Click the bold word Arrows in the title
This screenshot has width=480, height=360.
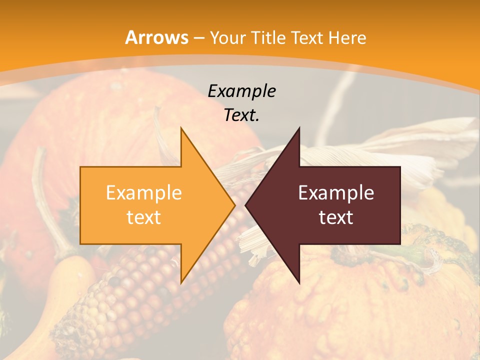pos(157,37)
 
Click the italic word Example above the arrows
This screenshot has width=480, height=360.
pos(241,91)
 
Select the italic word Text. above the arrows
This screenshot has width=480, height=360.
pos(241,115)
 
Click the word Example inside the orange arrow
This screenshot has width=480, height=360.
pos(143,193)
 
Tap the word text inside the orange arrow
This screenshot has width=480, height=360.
pos(143,217)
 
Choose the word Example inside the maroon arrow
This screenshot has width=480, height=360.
pos(336,193)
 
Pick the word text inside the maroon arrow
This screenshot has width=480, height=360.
pos(336,217)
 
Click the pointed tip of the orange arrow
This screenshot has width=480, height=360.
pos(234,205)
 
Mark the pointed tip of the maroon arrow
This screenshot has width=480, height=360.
pos(245,205)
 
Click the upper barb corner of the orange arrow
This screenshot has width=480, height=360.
pos(181,128)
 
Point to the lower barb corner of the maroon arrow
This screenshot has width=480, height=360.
pos(299,283)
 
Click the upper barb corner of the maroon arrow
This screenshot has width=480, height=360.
pos(299,128)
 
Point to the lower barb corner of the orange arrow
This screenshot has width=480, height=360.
pos(181,283)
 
